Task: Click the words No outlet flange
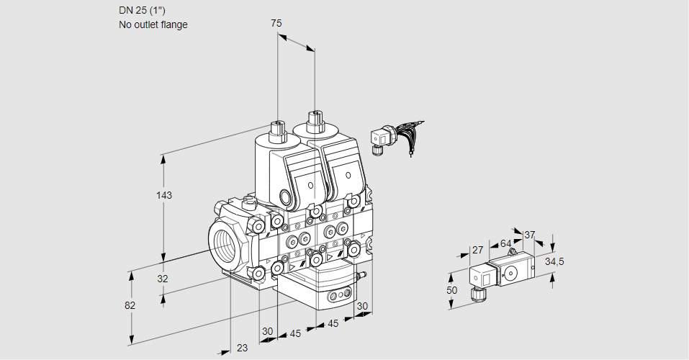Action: (x=153, y=24)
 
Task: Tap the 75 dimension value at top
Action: (x=276, y=24)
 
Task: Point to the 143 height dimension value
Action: (x=164, y=195)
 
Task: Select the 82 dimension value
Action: (x=130, y=305)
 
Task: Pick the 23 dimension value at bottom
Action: (x=243, y=348)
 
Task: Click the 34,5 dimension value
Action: (x=554, y=261)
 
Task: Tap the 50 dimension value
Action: (x=451, y=289)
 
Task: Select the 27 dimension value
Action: (x=477, y=251)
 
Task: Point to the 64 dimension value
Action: (x=506, y=243)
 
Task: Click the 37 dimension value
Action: (x=529, y=235)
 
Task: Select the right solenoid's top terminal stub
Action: (x=314, y=119)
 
